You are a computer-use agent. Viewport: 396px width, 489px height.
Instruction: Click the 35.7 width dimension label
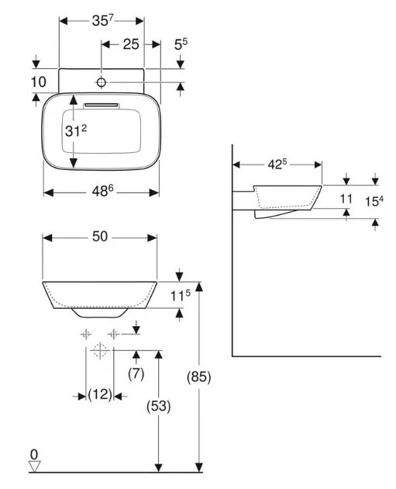pyautogui.click(x=103, y=21)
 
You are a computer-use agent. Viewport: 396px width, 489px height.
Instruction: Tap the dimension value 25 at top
pyautogui.click(x=131, y=44)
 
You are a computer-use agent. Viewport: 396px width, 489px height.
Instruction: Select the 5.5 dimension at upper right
pyautogui.click(x=181, y=44)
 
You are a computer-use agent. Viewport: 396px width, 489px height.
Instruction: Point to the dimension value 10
pyautogui.click(x=38, y=82)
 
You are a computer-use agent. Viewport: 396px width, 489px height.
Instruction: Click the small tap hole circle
pyautogui.click(x=102, y=82)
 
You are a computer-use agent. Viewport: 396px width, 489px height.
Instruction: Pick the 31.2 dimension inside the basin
pyautogui.click(x=76, y=130)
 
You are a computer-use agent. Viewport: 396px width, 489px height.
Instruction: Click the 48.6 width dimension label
pyautogui.click(x=102, y=191)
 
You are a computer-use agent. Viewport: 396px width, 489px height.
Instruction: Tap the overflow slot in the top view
pyautogui.click(x=102, y=105)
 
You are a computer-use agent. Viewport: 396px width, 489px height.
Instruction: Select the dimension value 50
pyautogui.click(x=100, y=237)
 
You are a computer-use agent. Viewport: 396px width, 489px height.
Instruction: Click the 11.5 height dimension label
pyautogui.click(x=181, y=295)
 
